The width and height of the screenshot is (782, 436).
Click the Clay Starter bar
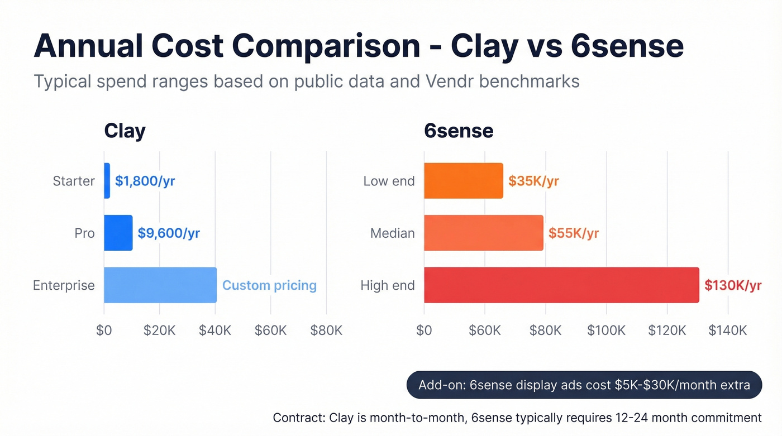pos(107,181)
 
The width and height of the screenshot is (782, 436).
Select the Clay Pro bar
pos(118,233)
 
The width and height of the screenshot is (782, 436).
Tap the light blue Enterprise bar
pos(160,285)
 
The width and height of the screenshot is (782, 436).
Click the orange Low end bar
pos(463,181)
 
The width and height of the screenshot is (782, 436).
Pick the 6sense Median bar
pos(483,233)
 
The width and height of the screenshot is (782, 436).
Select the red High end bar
pos(561,285)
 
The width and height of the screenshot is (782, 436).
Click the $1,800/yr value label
pos(145,181)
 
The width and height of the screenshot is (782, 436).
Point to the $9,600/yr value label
pos(169,233)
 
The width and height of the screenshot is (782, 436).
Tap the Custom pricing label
pos(269,285)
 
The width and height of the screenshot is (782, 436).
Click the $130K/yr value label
pos(732,285)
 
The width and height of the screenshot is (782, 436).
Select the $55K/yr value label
pos(573,233)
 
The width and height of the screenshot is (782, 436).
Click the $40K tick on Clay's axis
pos(215,330)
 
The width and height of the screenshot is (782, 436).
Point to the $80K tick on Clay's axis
pos(326,330)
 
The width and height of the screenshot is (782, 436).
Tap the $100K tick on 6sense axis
pos(606,330)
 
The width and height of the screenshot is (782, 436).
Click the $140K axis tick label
pos(727,330)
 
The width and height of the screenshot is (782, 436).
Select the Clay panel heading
pos(125,131)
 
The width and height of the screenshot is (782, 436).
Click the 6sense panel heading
pos(459,131)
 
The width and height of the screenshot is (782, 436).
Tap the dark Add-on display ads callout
pos(584,385)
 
